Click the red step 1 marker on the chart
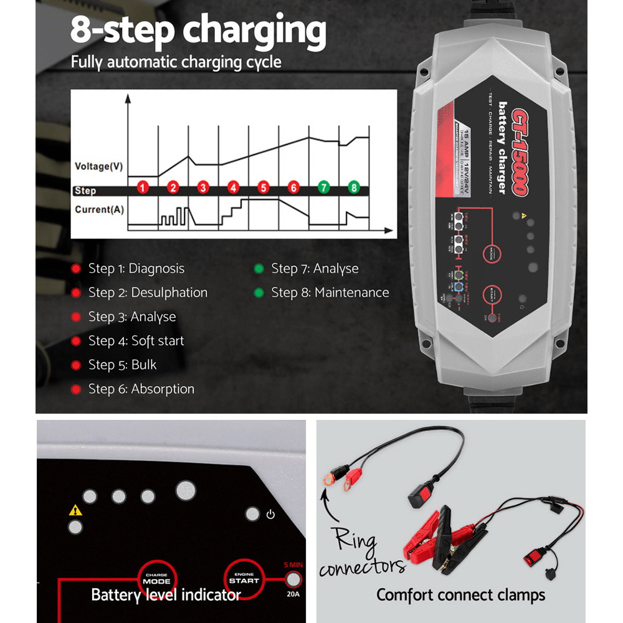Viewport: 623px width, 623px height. [x=143, y=187]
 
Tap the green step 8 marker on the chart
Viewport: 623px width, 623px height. [x=354, y=187]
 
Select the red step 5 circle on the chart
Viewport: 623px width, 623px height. [x=263, y=187]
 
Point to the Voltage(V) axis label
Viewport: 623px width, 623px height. [x=98, y=166]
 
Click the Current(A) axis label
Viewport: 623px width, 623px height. [x=99, y=209]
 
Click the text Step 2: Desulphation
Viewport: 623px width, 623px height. [x=148, y=293]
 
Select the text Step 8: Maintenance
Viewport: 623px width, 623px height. [x=330, y=293]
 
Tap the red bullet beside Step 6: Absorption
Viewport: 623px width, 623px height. [x=76, y=389]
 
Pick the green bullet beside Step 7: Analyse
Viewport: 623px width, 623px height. [x=259, y=269]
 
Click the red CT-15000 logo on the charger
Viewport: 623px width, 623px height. [x=521, y=153]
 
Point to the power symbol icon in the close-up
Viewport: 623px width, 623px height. [x=270, y=515]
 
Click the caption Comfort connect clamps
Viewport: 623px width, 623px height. [x=460, y=595]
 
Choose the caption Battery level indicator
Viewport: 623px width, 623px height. [x=166, y=595]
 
